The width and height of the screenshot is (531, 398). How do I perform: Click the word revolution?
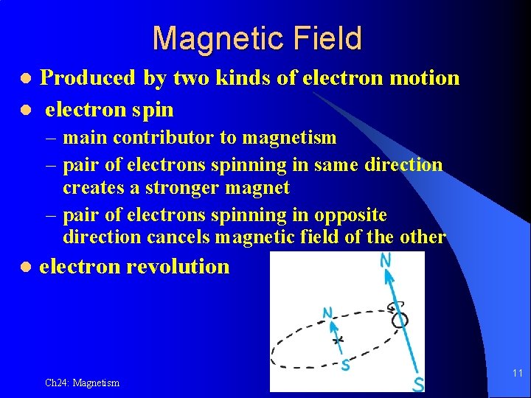178,267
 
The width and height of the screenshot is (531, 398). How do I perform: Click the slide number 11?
517,374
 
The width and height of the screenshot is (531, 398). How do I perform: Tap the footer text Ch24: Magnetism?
82,383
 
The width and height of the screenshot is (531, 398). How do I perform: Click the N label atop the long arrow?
386,260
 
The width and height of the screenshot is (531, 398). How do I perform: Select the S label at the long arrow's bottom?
417,383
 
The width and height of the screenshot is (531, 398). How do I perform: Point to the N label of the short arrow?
327,313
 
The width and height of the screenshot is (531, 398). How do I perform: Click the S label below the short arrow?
345,364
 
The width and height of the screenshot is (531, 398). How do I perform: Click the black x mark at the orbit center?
338,341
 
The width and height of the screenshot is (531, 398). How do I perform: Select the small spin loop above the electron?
393,307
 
